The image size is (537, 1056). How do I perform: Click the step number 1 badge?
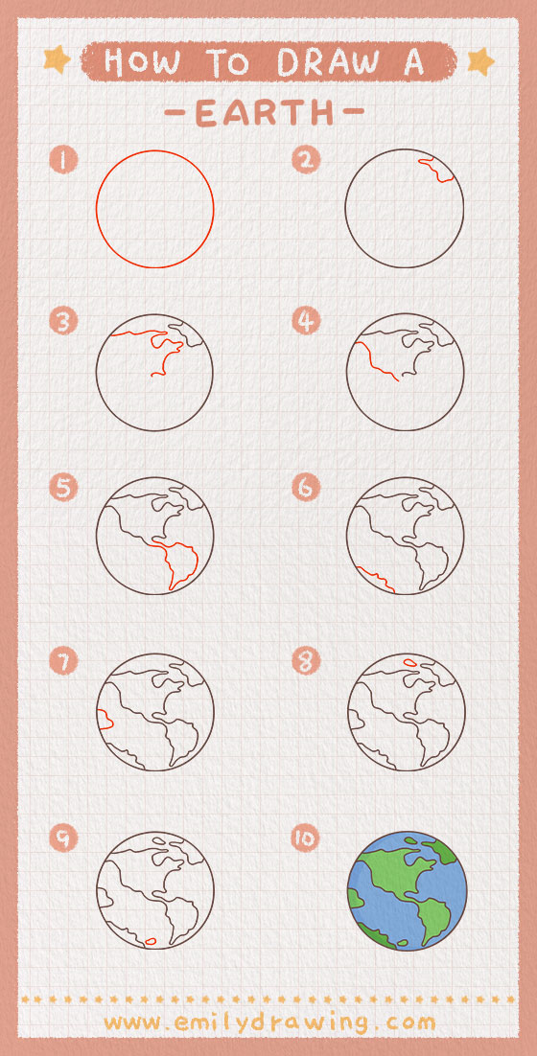pyautogui.click(x=63, y=160)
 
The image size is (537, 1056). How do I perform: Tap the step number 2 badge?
pyautogui.click(x=306, y=160)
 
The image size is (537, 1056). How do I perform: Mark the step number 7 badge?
pyautogui.click(x=63, y=661)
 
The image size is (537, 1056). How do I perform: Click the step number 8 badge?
pyautogui.click(x=306, y=661)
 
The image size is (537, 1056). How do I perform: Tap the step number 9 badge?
pyautogui.click(x=63, y=838)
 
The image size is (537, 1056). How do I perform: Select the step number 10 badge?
pyautogui.click(x=306, y=838)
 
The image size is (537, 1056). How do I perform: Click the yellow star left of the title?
pyautogui.click(x=58, y=60)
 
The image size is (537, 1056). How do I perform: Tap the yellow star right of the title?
pyautogui.click(x=480, y=61)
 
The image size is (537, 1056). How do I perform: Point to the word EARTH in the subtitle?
pyautogui.click(x=264, y=112)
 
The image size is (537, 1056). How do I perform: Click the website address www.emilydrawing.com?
pyautogui.click(x=269, y=1023)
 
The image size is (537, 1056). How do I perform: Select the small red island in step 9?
pyautogui.click(x=151, y=941)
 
